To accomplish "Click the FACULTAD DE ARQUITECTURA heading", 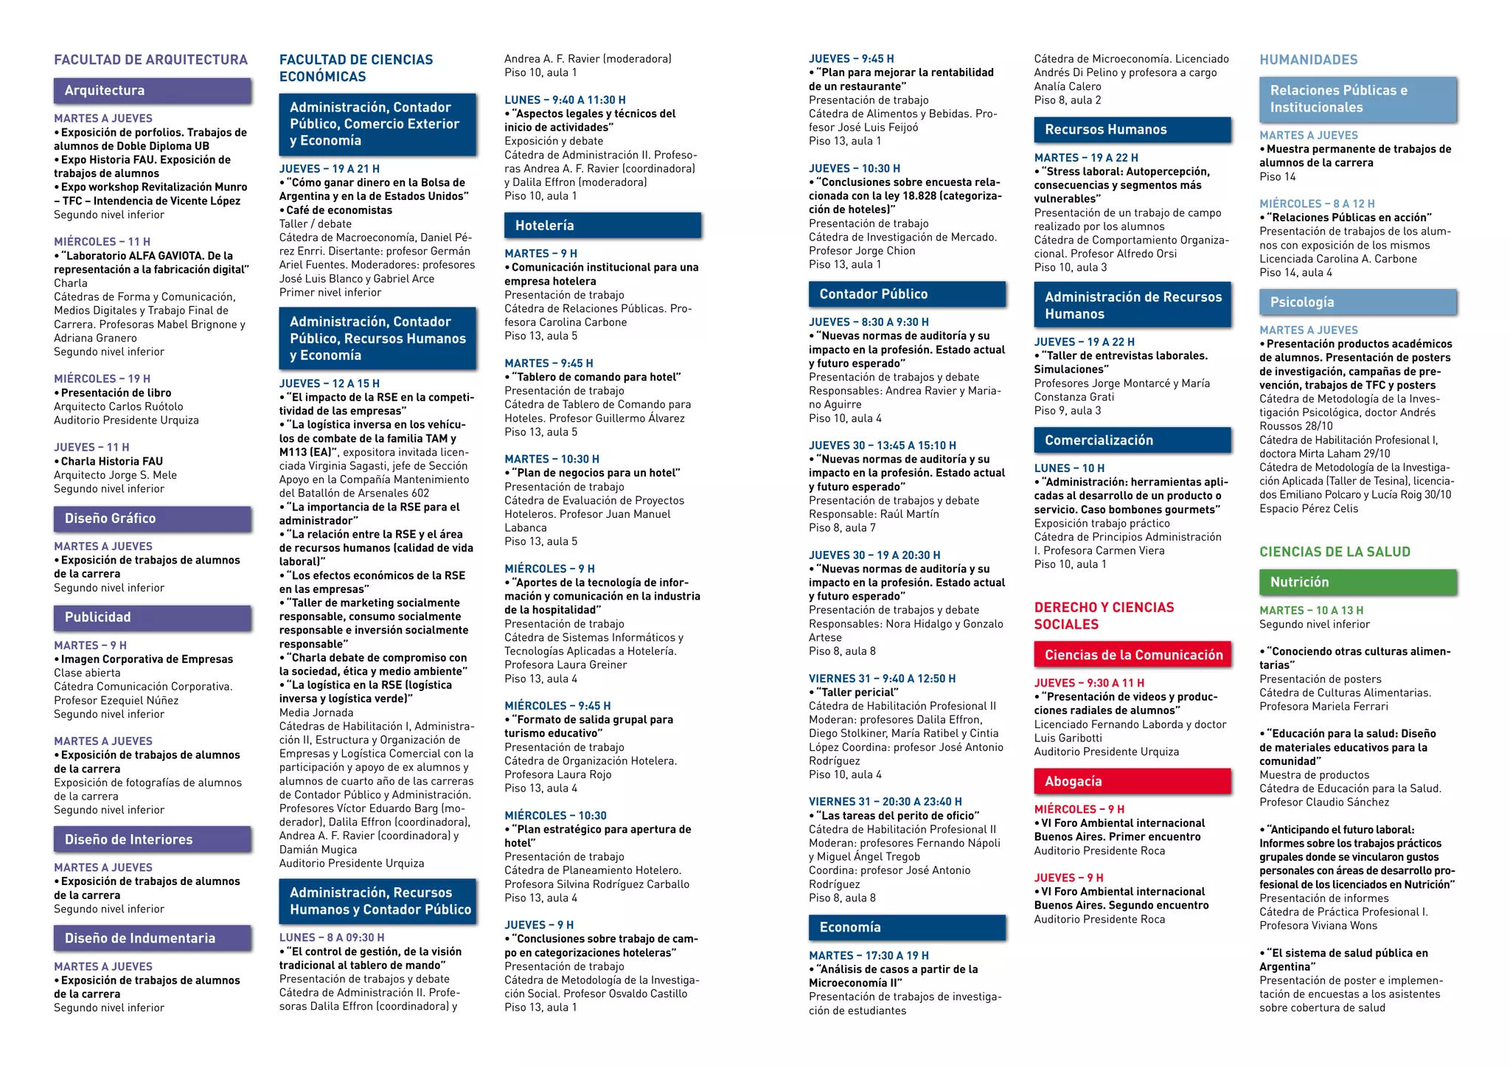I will [x=150, y=60].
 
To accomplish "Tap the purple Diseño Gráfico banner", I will [x=153, y=519].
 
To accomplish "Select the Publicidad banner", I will [x=153, y=617].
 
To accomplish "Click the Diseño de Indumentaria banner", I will [x=153, y=938].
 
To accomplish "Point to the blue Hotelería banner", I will [x=602, y=226].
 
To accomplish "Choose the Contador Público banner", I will [x=907, y=294].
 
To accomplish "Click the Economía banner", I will [x=907, y=928].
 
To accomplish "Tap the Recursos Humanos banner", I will [x=1132, y=130].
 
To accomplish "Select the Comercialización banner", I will [x=1132, y=440].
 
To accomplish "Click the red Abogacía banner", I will [x=1132, y=782].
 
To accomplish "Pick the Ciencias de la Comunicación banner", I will [x=1132, y=655].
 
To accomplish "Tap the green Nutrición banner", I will [x=1358, y=583].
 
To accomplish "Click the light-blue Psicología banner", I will [x=1358, y=302].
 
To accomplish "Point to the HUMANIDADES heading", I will [x=1308, y=60].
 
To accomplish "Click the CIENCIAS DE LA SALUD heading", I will [x=1335, y=552].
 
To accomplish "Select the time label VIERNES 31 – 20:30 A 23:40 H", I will [x=885, y=802].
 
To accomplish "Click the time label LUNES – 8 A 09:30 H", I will [x=331, y=937].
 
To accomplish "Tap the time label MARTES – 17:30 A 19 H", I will [x=869, y=955].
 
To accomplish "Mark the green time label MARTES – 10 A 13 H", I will [x=1311, y=611].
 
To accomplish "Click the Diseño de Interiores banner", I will [x=153, y=839].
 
